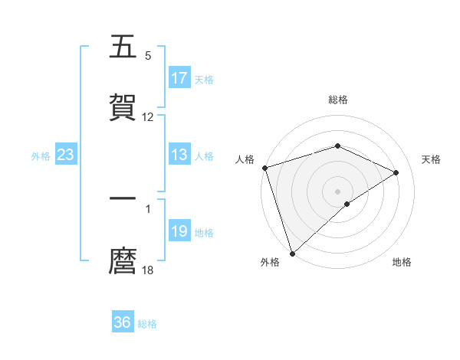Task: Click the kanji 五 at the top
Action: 123,47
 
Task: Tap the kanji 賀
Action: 123,108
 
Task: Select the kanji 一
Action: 123,198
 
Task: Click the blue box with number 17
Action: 179,78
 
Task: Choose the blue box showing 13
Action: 179,155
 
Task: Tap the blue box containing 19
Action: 179,232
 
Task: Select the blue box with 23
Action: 66,155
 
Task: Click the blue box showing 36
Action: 123,322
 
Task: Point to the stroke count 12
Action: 148,117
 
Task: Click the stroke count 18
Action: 148,270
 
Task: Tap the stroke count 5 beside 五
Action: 148,56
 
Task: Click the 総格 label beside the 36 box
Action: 148,324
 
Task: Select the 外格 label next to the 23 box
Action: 41,156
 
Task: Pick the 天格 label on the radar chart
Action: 432,159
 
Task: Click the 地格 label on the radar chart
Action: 402,263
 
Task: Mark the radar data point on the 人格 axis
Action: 264,168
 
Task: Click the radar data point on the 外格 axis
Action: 292,253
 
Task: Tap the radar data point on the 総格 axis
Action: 337,146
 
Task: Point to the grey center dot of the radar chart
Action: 337,191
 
